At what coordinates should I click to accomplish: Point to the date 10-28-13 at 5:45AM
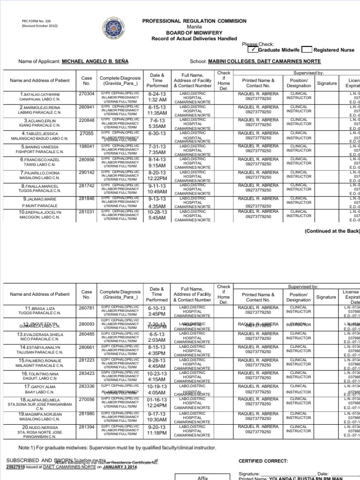click(x=157, y=214)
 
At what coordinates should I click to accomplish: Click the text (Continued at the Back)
click(x=332, y=231)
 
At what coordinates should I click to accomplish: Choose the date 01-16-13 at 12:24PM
click(x=157, y=402)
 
